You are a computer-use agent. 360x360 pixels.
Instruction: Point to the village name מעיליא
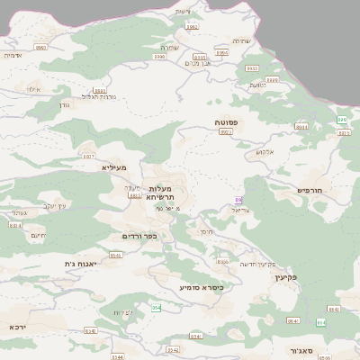coord(114,167)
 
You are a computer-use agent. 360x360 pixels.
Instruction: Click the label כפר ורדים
coord(139,236)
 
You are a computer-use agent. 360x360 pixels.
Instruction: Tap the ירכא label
coord(17,326)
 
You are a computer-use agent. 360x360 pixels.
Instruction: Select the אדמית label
coord(12,55)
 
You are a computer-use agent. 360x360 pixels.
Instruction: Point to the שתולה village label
coord(169,47)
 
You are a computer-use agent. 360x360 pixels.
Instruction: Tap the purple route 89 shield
coord(238,199)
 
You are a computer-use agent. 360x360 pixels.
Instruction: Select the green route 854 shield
coord(157,308)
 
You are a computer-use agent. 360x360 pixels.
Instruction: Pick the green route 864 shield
coord(320,322)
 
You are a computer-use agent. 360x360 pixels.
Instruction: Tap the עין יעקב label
coord(56,206)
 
